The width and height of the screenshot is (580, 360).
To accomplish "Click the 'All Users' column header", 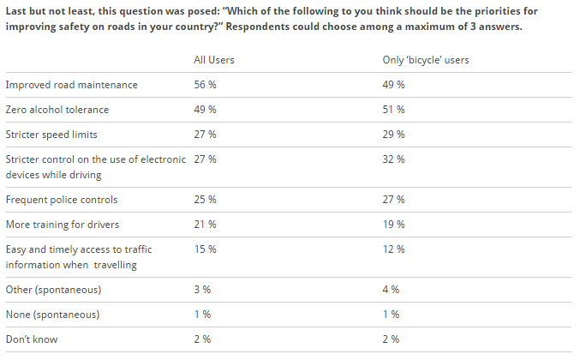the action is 214,60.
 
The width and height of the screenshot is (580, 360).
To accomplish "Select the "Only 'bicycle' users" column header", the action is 426,60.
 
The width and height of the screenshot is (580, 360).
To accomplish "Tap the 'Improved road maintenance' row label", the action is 71,85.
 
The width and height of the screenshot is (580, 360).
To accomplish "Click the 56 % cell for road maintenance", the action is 205,85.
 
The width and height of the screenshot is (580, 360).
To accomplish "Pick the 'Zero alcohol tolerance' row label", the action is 57,110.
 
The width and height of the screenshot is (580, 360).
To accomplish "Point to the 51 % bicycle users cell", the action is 393,110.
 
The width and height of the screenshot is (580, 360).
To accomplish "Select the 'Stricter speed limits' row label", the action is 51,135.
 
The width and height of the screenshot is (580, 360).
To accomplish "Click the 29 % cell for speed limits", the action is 393,135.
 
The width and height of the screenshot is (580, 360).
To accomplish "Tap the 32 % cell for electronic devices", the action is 393,159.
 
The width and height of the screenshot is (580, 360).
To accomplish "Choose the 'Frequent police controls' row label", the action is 62,200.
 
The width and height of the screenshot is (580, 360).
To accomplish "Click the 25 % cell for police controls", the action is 205,200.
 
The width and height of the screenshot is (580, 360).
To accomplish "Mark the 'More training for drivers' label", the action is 63,225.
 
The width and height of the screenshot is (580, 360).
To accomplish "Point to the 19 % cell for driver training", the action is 393,225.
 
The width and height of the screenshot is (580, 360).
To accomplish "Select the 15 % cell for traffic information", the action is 205,249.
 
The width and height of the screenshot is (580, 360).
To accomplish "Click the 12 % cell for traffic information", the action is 393,249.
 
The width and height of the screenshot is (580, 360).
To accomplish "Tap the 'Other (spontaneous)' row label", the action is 53,290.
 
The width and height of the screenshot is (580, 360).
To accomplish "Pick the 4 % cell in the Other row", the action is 391,290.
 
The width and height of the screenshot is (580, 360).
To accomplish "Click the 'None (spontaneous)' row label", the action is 52,315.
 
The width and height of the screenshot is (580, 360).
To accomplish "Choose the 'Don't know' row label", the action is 32,339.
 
